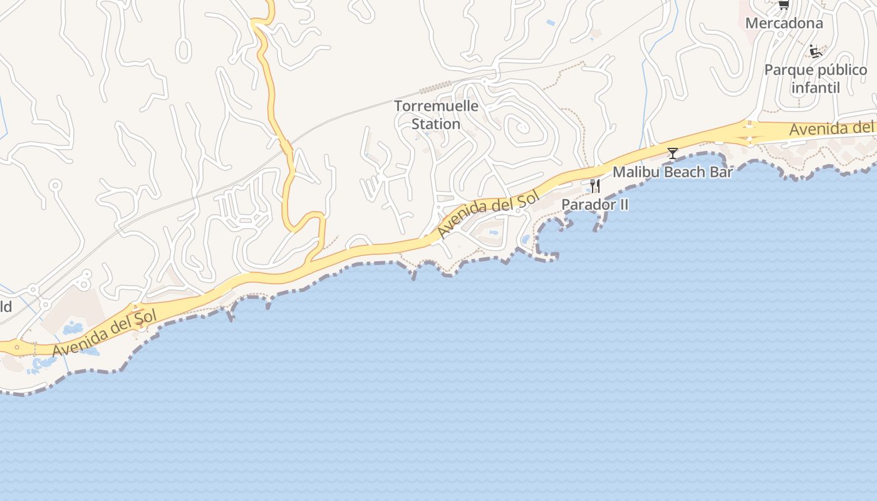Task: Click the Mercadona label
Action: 784,23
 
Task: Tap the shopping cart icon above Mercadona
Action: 783,5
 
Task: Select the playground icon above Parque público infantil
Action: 815,51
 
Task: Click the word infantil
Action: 815,88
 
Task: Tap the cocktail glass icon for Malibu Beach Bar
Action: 672,153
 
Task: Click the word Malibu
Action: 633,172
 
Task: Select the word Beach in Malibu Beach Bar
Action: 683,172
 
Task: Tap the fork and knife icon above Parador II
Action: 594,186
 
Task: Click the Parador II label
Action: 594,205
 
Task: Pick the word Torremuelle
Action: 436,106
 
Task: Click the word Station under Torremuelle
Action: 436,124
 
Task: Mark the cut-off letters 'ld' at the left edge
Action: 6,306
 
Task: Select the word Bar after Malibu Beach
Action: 721,172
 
